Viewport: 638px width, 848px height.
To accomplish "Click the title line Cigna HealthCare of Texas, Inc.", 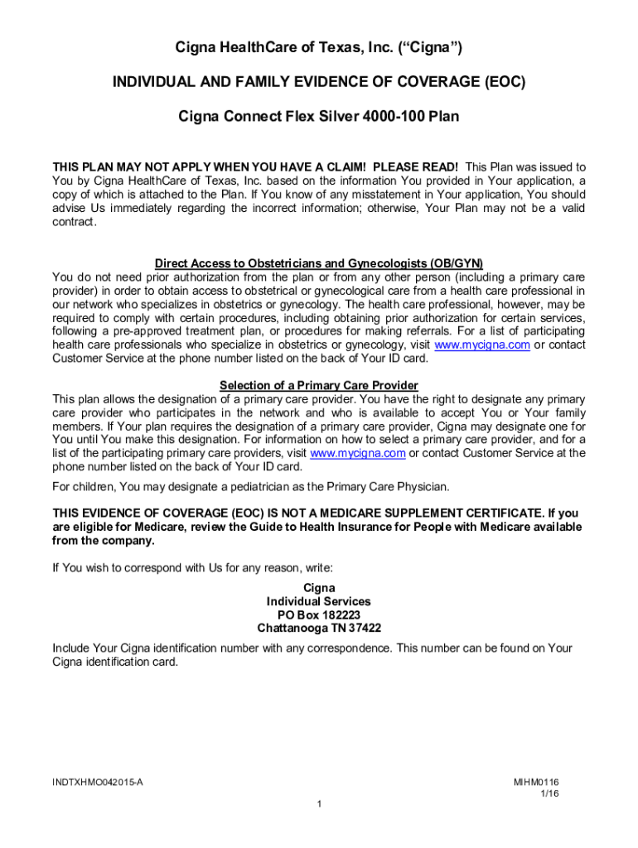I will (x=318, y=49).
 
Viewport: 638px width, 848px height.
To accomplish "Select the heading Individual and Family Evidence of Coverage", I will (x=318, y=83).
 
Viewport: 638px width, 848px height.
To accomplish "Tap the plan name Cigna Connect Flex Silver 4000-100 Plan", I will (x=318, y=117).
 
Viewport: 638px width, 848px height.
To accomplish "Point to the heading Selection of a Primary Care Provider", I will (x=318, y=385).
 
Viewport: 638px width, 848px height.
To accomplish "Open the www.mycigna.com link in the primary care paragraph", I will (x=357, y=453).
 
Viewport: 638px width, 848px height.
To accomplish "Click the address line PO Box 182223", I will (x=318, y=614).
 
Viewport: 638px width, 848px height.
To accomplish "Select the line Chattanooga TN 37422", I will (x=318, y=628).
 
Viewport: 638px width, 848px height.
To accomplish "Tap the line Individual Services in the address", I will (x=318, y=601).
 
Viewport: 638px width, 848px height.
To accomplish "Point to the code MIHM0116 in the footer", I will (x=536, y=782).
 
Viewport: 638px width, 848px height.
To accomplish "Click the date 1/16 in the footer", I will (x=549, y=793).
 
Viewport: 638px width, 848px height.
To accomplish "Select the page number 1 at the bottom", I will (x=319, y=805).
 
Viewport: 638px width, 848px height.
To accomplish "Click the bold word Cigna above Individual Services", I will (x=318, y=588).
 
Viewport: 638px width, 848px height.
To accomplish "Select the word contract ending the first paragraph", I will (x=74, y=222).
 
